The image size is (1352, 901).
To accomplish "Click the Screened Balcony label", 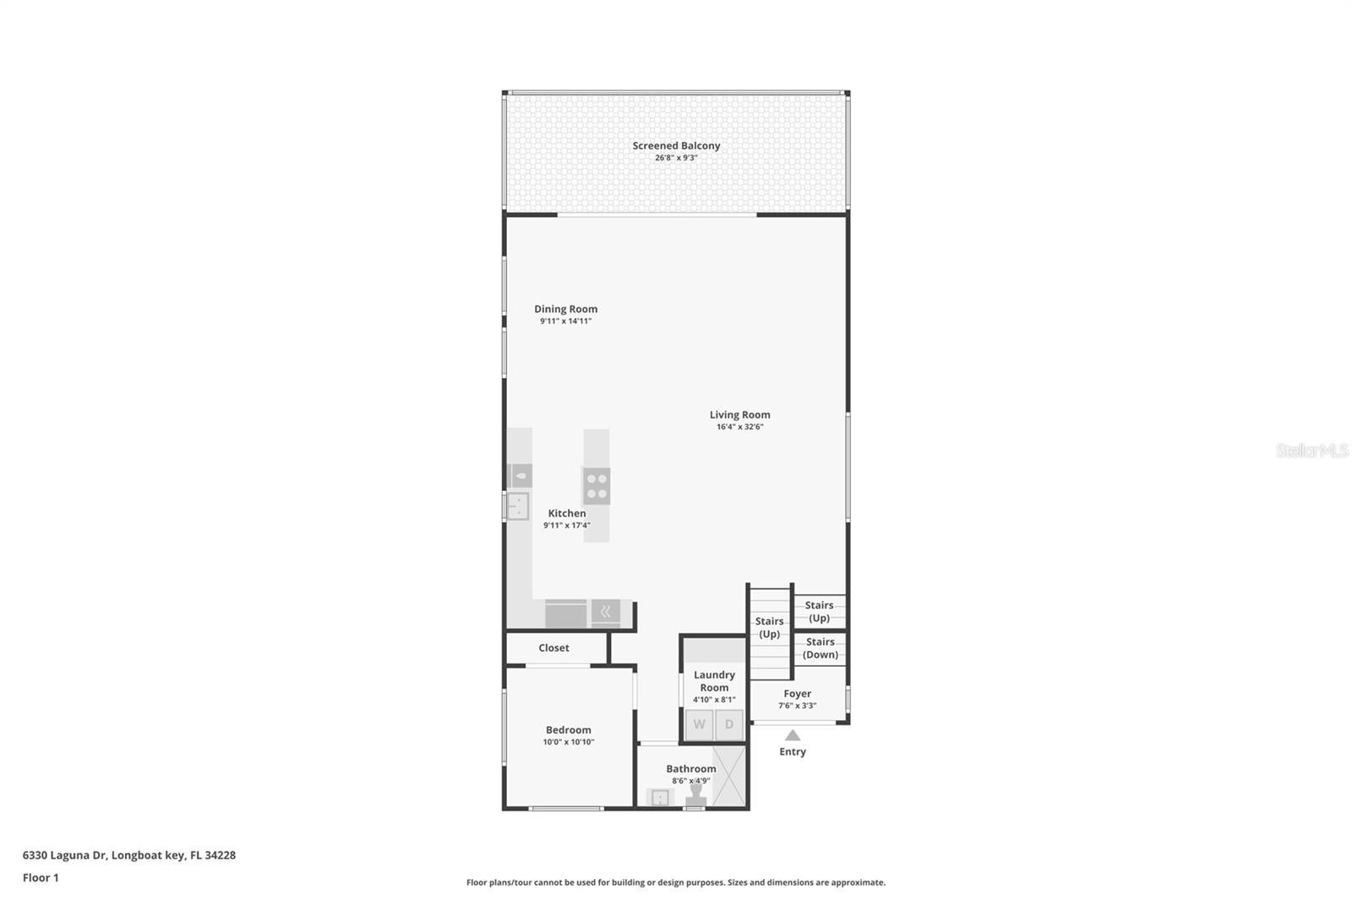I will (676, 145).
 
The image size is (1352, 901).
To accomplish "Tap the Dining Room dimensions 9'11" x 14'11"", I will (565, 321).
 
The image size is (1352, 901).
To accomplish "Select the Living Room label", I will (739, 414).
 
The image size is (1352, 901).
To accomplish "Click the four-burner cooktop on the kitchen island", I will (597, 486).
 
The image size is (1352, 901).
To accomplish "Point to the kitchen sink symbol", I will (517, 506).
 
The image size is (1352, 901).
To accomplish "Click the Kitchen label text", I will (566, 513).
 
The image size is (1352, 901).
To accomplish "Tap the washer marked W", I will (699, 724).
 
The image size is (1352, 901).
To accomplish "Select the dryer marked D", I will (729, 724).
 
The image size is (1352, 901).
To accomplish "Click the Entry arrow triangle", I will (793, 735).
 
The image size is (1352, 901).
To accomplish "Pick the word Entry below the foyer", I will (793, 751).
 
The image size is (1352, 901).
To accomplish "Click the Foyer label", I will (797, 693).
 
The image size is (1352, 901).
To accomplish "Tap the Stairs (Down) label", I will (820, 648).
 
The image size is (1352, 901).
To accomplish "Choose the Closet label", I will (553, 647).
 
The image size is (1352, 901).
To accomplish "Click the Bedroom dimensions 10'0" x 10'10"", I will (569, 742).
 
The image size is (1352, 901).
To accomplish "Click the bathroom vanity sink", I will (659, 797).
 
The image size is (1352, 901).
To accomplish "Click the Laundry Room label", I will (714, 680).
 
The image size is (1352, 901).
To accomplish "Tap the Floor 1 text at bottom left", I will (41, 877).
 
